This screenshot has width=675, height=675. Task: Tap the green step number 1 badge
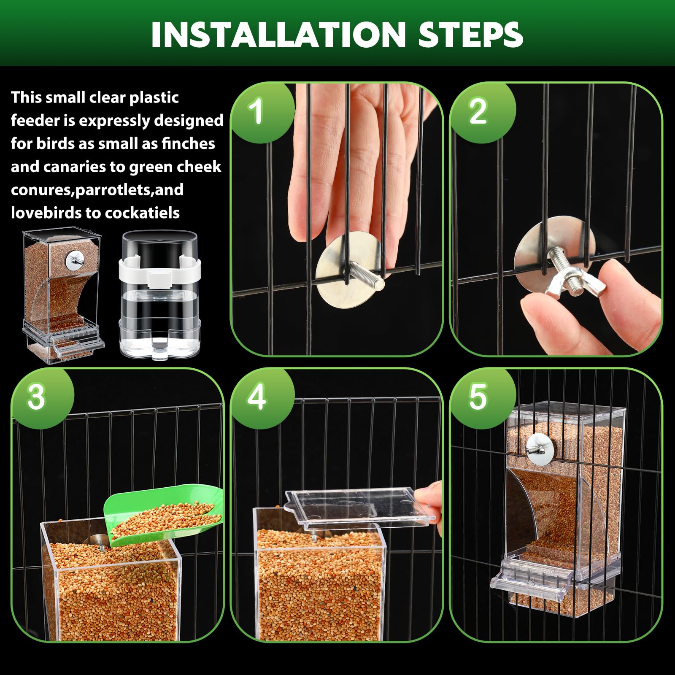coord(256,111)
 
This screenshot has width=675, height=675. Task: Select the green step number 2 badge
coord(478,111)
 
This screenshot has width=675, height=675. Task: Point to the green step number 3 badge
coord(36,397)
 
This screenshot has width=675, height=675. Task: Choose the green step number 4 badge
coord(256,397)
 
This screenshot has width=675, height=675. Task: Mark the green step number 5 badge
coord(478,397)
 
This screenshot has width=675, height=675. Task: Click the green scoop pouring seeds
coord(165,517)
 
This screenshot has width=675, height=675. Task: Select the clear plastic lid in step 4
coord(359,508)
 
